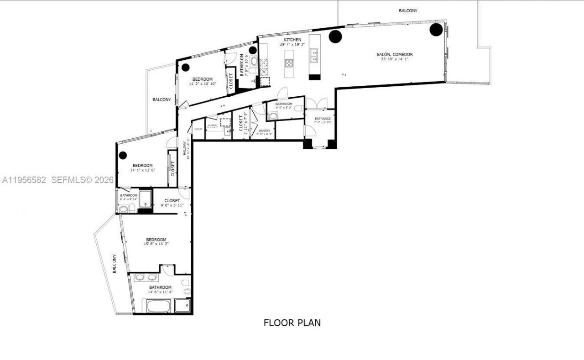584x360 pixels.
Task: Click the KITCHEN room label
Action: point(291,40)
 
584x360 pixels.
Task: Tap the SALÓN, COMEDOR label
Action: point(395,54)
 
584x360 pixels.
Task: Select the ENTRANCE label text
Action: point(323,119)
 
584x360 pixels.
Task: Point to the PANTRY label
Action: point(264,130)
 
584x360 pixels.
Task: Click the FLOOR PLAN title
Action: point(292,323)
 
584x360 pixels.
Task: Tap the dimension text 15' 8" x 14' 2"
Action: point(156,244)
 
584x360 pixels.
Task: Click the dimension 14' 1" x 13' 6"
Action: point(142,170)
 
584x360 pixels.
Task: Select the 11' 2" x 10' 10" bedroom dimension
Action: point(202,84)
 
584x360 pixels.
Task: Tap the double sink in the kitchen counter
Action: point(314,56)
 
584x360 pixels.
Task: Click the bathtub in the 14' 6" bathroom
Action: point(158,305)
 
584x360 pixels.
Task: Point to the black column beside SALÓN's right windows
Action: point(436,30)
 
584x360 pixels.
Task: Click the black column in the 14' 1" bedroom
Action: point(123,155)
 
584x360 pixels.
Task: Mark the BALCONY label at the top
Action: point(408,10)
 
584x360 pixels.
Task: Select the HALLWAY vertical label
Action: point(185,148)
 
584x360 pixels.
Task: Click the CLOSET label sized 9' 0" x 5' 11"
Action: point(172,200)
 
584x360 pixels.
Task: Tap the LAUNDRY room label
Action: point(213,125)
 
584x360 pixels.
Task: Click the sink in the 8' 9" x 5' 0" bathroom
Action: point(273,116)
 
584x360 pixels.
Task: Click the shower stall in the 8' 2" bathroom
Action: point(146,198)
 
